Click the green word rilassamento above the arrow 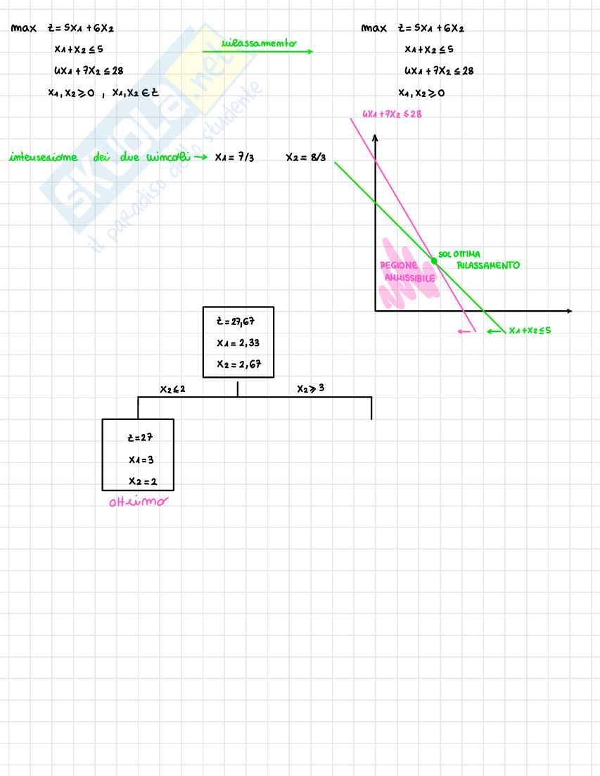pos(259,43)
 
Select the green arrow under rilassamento pos(257,51)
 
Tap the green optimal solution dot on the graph pos(434,261)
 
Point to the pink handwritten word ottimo pos(137,503)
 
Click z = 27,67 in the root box pos(237,322)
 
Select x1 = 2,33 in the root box pos(237,343)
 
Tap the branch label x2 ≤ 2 pos(172,388)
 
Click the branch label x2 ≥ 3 pos(310,388)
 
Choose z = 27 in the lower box pos(137,437)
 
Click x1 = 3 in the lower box pos(137,459)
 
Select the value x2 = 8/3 pos(305,158)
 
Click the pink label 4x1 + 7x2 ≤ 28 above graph pos(392,114)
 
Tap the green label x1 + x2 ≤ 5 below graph pos(530,331)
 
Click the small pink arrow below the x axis pos(465,331)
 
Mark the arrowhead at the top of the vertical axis pos(375,139)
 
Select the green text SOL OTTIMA pos(459,254)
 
